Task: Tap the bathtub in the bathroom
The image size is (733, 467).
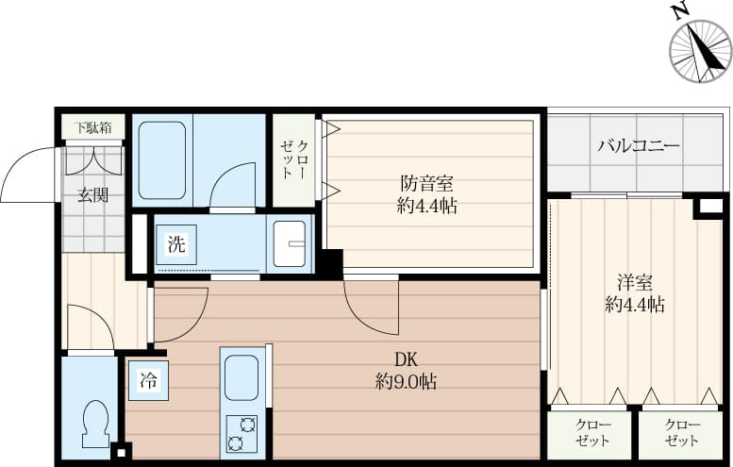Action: [x=161, y=160]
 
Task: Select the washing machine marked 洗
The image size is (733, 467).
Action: [x=176, y=244]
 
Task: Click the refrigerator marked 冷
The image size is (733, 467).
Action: [x=149, y=380]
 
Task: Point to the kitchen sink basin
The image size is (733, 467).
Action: [x=242, y=377]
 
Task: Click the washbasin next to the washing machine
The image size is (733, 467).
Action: [x=290, y=243]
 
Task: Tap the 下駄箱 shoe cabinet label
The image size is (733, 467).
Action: [x=93, y=127]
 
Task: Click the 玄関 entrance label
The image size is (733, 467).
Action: [x=93, y=195]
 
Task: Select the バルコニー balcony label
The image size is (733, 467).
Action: [x=639, y=146]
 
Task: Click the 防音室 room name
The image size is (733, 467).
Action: [x=426, y=184]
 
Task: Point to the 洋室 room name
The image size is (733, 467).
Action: [x=634, y=283]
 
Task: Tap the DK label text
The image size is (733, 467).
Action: [x=406, y=360]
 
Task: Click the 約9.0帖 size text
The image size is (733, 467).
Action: [x=406, y=382]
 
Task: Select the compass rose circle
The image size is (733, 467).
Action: [x=700, y=52]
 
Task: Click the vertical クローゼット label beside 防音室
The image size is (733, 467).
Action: [x=294, y=159]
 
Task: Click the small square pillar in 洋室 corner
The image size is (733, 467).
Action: [x=711, y=206]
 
